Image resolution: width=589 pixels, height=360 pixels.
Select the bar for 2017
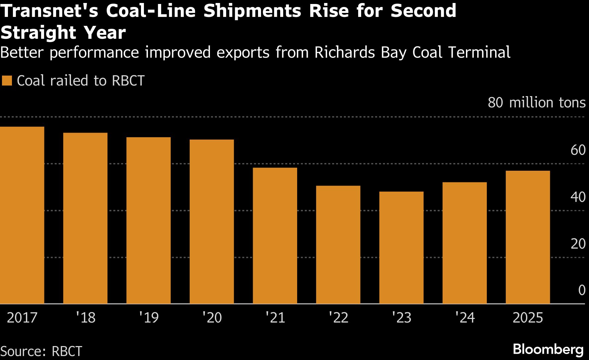pos(22,215)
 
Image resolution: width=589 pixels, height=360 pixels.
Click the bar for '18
pos(85,218)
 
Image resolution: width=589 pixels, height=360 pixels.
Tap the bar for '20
pos(212,222)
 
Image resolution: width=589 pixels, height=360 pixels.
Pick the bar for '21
pos(275,236)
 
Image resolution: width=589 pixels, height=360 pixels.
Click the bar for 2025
pos(528,237)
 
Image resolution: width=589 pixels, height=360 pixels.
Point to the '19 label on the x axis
pos(149,318)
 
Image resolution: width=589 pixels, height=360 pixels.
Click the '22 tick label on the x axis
pos(338,318)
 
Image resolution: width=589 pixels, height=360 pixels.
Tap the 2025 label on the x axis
pos(528,318)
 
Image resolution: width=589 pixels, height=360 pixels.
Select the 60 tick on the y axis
pos(578,150)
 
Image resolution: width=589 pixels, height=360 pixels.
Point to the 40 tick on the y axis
pos(578,197)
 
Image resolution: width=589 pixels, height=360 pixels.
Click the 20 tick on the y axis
pos(578,244)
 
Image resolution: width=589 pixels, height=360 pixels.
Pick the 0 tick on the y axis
pos(582,290)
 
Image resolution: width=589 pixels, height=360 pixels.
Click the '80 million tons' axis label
pos(536,103)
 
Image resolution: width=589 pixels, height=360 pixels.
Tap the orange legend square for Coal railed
pos(7,81)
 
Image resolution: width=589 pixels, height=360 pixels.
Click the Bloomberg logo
pos(548,349)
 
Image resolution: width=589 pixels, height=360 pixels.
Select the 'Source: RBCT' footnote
pos(41,351)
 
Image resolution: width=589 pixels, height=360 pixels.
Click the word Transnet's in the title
pos(49,11)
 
